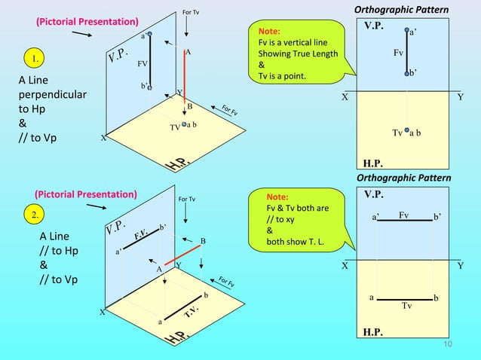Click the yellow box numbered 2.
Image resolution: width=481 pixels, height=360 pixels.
(x=34, y=216)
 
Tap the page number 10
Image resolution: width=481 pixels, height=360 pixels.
(x=447, y=345)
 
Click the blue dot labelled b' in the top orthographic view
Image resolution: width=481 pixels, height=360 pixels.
(x=406, y=72)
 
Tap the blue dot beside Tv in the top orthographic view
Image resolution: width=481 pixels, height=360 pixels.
(x=406, y=133)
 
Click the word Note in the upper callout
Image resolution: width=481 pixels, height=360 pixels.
(x=269, y=33)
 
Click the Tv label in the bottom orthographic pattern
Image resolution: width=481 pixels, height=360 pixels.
(x=407, y=306)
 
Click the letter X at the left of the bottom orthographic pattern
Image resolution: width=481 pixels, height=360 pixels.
(x=345, y=266)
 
